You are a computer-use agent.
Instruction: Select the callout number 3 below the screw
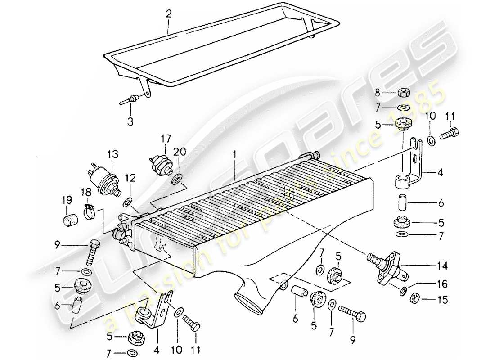click(130, 121)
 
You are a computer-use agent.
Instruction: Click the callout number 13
click(112, 154)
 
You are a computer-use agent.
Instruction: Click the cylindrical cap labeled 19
click(69, 221)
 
